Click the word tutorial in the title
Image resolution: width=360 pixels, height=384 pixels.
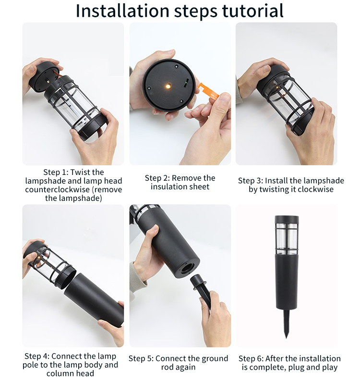[253, 11]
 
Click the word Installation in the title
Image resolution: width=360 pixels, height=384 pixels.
[122, 11]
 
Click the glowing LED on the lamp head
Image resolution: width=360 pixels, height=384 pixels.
[168, 86]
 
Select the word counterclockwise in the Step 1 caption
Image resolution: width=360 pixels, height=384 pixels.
[57, 189]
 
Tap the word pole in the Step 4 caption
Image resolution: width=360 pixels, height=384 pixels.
[31, 365]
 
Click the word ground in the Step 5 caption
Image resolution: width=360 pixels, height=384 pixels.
[214, 359]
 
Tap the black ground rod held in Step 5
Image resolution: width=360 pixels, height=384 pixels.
[201, 291]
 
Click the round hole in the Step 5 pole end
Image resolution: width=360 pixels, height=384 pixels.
[187, 268]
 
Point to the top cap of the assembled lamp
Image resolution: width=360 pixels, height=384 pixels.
[287, 219]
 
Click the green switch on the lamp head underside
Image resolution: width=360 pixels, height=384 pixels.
[186, 83]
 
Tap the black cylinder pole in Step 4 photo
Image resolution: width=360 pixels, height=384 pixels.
[94, 299]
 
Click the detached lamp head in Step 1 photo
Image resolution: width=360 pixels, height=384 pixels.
[44, 77]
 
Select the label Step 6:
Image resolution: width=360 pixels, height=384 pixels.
[251, 359]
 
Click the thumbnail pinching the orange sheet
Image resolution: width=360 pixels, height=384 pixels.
[223, 99]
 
